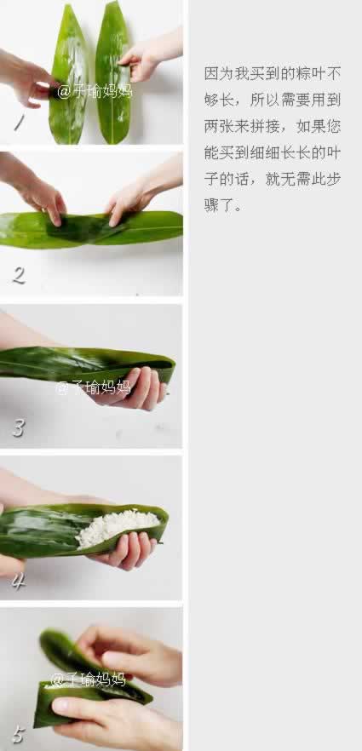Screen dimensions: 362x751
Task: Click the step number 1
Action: [x=19, y=123]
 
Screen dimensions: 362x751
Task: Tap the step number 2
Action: [x=19, y=275]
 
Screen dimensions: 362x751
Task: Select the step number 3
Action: [x=18, y=427]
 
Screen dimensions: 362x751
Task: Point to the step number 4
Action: [x=18, y=581]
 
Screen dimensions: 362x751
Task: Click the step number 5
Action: [x=18, y=734]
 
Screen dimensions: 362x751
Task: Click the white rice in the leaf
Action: [x=117, y=527]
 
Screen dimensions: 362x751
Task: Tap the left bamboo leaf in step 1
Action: [x=68, y=74]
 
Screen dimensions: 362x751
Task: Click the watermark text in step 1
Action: [x=95, y=91]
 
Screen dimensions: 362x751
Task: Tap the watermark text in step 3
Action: [x=94, y=387]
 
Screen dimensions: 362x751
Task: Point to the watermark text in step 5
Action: [x=88, y=679]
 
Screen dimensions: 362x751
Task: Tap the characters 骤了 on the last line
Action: [x=219, y=206]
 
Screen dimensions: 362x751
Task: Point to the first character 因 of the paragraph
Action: [x=211, y=74]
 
